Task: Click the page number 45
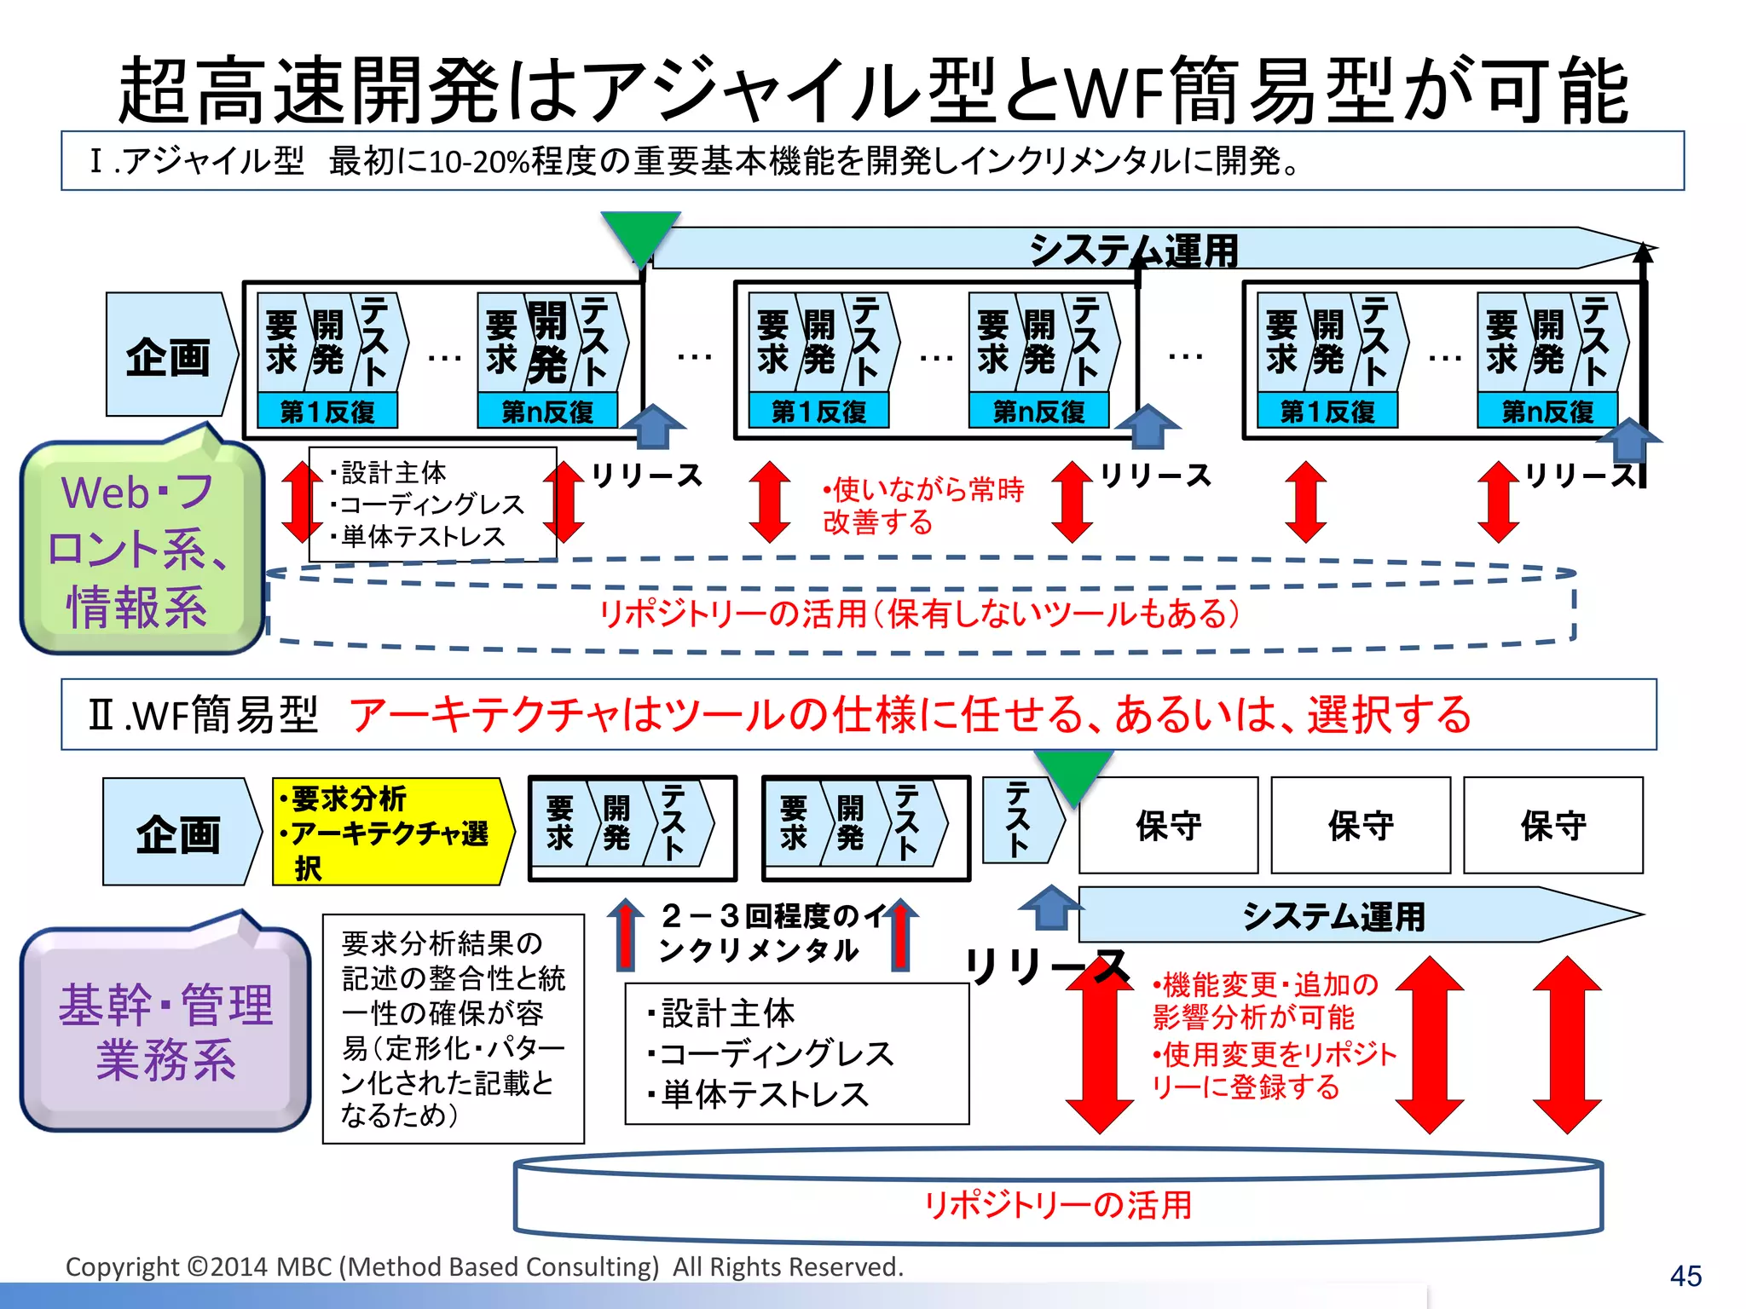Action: pyautogui.click(x=1685, y=1276)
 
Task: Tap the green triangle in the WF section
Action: pyautogui.click(x=1073, y=772)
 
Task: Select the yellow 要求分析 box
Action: pyautogui.click(x=391, y=831)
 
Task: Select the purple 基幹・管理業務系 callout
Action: pyautogui.click(x=165, y=1030)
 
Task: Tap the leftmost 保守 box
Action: pyautogui.click(x=1168, y=825)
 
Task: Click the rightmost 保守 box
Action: pyautogui.click(x=1552, y=825)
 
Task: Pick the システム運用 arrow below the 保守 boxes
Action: pyautogui.click(x=1333, y=916)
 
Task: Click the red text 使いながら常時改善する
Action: pyautogui.click(x=922, y=505)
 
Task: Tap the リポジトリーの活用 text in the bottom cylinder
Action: pyautogui.click(x=1057, y=1204)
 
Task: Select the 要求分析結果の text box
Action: pyautogui.click(x=453, y=1028)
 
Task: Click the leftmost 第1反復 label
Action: pyautogui.click(x=327, y=412)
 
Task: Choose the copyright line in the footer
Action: pyautogui.click(x=484, y=1266)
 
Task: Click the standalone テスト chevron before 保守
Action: pyautogui.click(x=1020, y=820)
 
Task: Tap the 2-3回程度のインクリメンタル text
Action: pyautogui.click(x=759, y=933)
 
